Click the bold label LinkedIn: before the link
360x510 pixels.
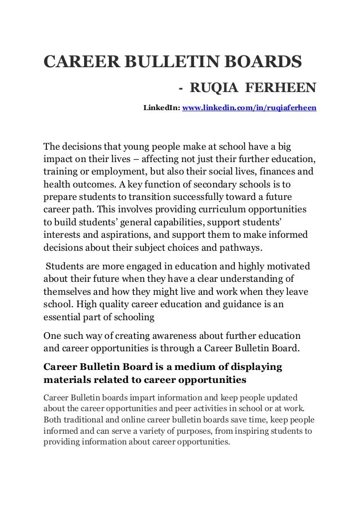coord(160,107)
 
